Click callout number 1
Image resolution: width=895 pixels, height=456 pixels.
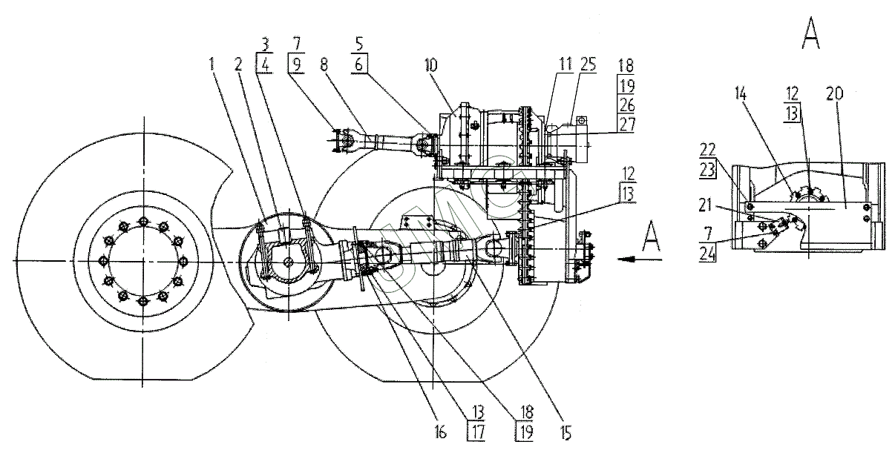(x=212, y=65)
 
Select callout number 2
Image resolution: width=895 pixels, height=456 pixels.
(x=238, y=65)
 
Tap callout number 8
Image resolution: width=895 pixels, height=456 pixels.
(x=324, y=65)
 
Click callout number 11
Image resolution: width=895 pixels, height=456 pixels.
(x=565, y=65)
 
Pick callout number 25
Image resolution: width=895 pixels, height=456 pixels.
(x=589, y=65)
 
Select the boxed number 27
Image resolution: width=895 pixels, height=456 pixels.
(x=626, y=124)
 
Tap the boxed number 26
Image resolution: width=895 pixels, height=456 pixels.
(x=626, y=105)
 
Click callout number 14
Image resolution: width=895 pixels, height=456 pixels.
(x=741, y=94)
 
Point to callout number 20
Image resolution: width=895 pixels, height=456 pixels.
(x=834, y=94)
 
